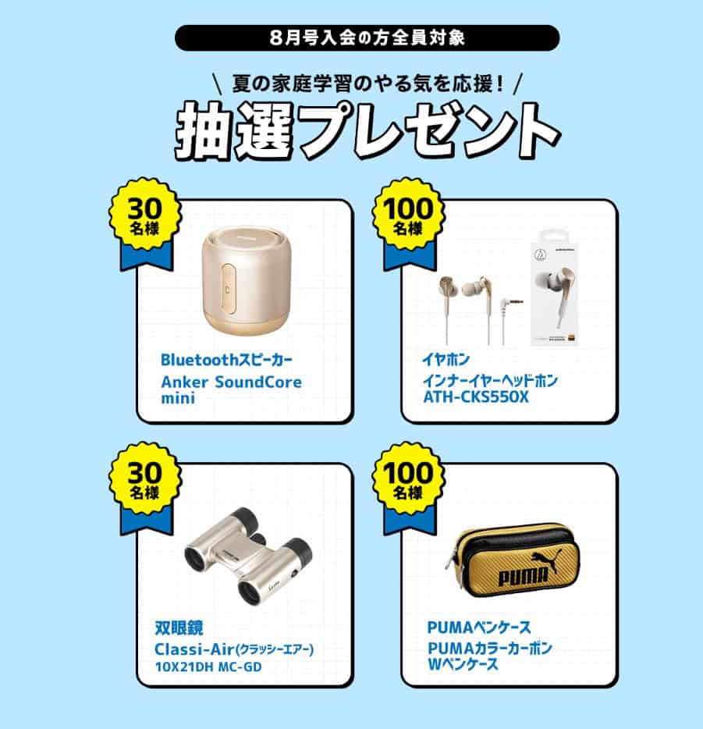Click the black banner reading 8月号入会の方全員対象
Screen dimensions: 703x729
[367, 37]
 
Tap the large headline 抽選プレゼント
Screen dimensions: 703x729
[367, 132]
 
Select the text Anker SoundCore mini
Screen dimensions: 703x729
[232, 389]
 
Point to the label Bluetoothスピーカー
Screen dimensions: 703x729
[227, 359]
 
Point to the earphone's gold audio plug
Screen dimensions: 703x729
[510, 303]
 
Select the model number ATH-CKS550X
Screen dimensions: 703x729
[476, 397]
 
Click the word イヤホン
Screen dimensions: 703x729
[446, 359]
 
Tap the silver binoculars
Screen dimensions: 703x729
[248, 556]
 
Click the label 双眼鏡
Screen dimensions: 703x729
[179, 628]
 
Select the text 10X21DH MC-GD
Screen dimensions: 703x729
[208, 667]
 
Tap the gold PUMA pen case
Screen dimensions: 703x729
[510, 560]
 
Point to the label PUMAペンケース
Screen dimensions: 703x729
[479, 628]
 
